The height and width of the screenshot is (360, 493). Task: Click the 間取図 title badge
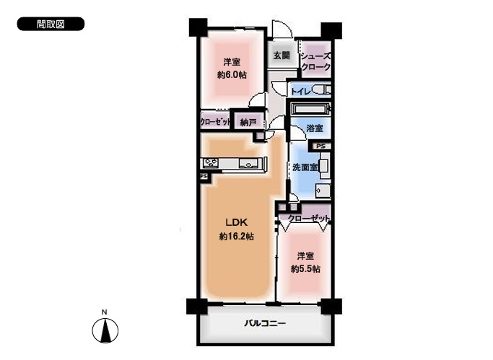[51, 24]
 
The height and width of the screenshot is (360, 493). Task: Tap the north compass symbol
[105, 330]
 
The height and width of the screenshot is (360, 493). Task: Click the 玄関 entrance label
[282, 56]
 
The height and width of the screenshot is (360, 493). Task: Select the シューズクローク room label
[315, 61]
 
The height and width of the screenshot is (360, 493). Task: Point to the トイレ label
[301, 92]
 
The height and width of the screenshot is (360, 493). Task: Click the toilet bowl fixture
[321, 90]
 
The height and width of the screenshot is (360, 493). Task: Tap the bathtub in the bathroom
[310, 110]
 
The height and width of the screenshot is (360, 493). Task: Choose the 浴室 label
[315, 128]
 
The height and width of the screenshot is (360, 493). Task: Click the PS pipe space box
[320, 146]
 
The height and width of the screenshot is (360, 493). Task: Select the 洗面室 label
[305, 167]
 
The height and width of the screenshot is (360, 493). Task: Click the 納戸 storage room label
[248, 122]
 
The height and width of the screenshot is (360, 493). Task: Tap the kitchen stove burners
[211, 163]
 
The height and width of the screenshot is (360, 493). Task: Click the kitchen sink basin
[249, 163]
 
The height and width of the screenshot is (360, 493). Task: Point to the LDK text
[237, 222]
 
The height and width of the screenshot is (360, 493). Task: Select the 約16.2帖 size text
[237, 236]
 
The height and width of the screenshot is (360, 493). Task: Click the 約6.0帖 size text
[232, 75]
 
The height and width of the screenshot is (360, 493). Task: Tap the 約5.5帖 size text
[305, 269]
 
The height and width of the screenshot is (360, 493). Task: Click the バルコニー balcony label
[265, 323]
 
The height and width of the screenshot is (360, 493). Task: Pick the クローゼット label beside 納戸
[215, 122]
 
